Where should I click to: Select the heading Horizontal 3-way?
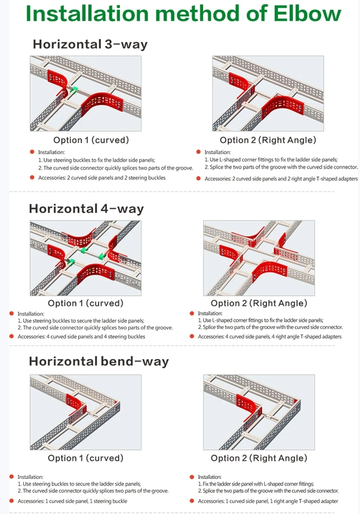point(90,44)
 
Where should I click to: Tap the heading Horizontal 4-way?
point(86,209)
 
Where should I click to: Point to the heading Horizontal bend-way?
point(99,361)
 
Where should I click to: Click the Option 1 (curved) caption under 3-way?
point(91,140)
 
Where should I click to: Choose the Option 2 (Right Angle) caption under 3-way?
point(268,140)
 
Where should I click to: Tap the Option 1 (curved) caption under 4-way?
point(86,303)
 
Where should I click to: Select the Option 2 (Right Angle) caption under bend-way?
point(259,458)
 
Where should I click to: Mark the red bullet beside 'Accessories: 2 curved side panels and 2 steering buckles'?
point(32,178)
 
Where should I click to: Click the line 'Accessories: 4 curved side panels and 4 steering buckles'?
point(81,336)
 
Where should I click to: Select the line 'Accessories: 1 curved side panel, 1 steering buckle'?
point(72,501)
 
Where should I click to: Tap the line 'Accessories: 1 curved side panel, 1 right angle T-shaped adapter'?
point(268,501)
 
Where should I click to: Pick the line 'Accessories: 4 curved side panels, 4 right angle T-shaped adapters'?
point(270,336)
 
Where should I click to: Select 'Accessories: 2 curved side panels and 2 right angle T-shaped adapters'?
point(281,179)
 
